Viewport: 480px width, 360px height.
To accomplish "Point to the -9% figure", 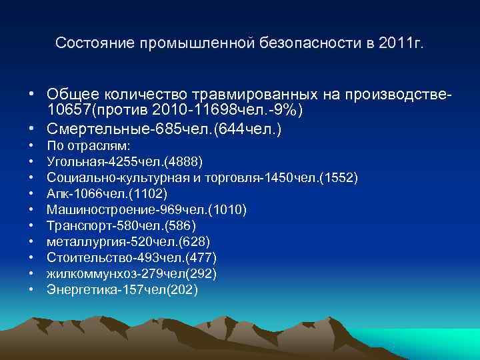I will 287,109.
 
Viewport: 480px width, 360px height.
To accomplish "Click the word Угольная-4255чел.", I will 105,161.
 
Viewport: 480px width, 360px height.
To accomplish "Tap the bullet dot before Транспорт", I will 31,226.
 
